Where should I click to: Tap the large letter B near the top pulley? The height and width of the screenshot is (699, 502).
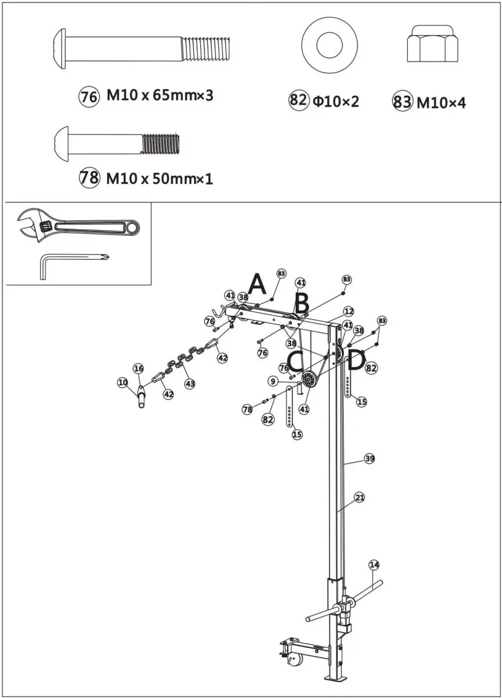pyautogui.click(x=301, y=303)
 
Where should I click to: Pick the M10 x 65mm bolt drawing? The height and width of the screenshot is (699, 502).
pyautogui.click(x=143, y=46)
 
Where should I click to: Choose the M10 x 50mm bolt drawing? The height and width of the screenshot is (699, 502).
pyautogui.click(x=117, y=142)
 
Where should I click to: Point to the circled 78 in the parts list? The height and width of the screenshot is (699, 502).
pyautogui.click(x=89, y=178)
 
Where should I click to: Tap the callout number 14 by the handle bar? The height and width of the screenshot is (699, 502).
pyautogui.click(x=374, y=565)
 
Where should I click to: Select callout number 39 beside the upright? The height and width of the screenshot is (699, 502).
pyautogui.click(x=369, y=458)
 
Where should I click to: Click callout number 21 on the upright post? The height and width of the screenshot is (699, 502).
pyautogui.click(x=360, y=498)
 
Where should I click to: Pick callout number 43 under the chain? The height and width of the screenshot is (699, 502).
pyautogui.click(x=190, y=384)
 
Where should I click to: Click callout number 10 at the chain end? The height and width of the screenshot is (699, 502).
pyautogui.click(x=123, y=382)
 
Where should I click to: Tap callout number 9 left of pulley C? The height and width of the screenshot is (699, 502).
pyautogui.click(x=272, y=381)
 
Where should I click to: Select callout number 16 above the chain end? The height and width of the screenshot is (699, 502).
pyautogui.click(x=139, y=369)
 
